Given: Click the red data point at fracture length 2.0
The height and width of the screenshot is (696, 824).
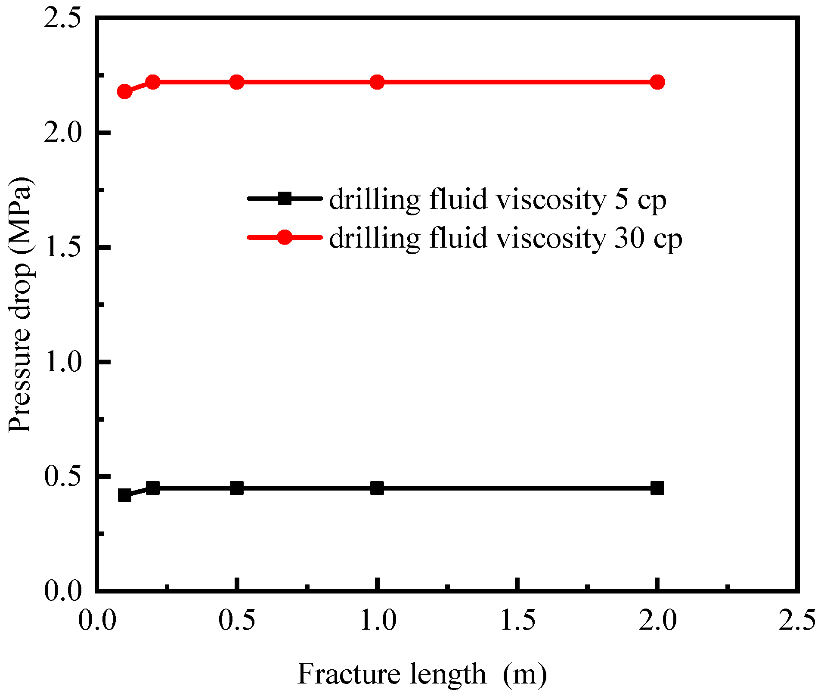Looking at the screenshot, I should coord(657,82).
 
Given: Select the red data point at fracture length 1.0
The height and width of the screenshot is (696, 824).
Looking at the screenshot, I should coord(377,82).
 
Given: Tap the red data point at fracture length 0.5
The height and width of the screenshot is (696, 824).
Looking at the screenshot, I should coord(237,82).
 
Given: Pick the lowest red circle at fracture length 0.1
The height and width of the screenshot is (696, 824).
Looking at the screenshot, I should coord(124,91).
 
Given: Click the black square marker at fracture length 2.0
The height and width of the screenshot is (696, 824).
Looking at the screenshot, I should coord(657,488).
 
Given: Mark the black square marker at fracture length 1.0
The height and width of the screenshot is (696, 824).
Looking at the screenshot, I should coord(377,488).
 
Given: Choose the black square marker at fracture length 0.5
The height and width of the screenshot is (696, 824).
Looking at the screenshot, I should coord(237,488).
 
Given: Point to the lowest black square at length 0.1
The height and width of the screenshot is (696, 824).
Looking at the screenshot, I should coord(124,495).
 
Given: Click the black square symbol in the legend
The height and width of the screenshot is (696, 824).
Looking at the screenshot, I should coord(285,199).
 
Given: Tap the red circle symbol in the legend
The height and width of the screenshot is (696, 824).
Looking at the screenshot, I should coord(285,237).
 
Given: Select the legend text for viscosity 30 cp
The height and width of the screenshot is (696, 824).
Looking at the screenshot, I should coord(505,238).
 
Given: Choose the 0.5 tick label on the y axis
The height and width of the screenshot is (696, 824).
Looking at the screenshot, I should coord(63,477).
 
